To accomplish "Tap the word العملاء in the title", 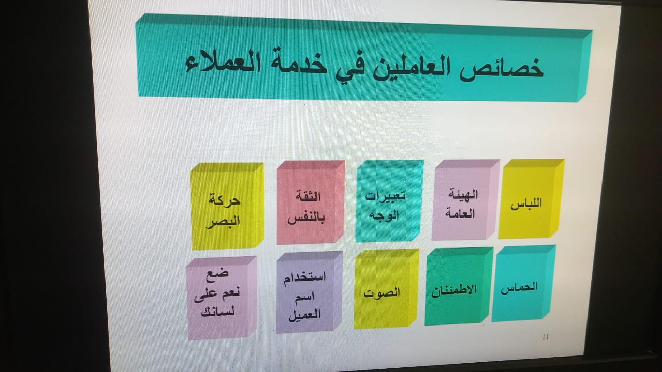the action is [x=223, y=61].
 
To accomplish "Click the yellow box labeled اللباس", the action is [x=531, y=199].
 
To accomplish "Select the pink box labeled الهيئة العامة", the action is [x=465, y=200].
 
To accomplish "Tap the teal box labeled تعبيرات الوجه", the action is [x=389, y=201].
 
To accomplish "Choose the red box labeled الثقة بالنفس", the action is [x=311, y=203].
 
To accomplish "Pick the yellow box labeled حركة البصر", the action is [x=227, y=206].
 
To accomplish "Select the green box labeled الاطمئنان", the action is [x=458, y=286].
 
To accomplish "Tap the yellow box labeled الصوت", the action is [x=386, y=289].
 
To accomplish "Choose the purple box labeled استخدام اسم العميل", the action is [x=309, y=292].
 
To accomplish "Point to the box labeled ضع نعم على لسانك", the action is [x=221, y=298].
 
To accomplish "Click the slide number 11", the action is [x=546, y=337].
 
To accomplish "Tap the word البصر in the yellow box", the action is [x=223, y=221].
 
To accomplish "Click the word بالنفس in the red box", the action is [x=306, y=218].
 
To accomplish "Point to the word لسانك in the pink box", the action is [x=218, y=312].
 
